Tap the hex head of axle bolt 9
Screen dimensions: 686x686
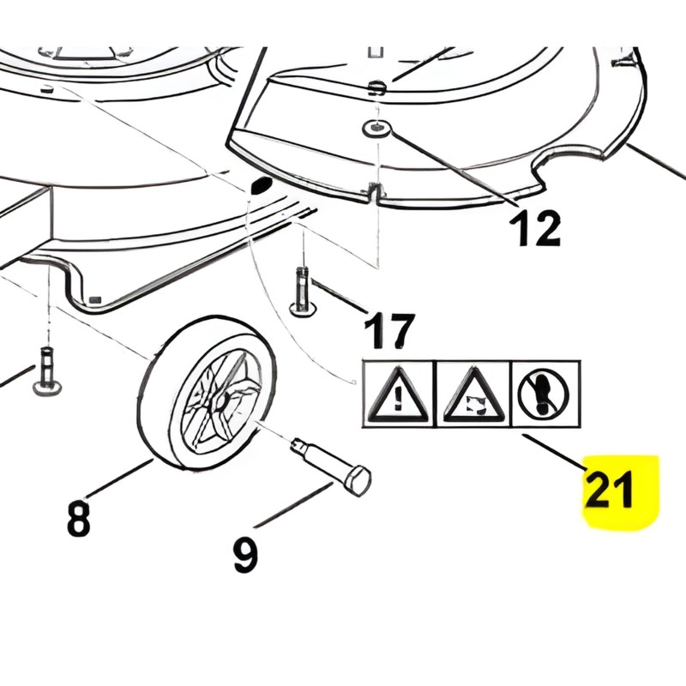[x=358, y=481]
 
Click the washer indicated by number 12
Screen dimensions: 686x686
[x=376, y=129]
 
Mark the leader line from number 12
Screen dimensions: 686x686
[x=454, y=167]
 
